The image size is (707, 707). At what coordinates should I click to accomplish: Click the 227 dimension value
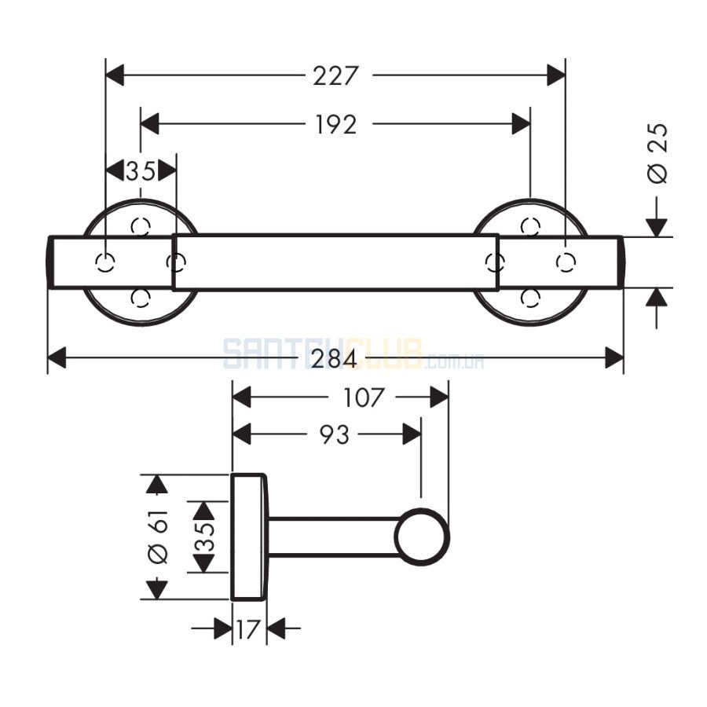click(x=336, y=75)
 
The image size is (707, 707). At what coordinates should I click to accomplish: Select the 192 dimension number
click(x=336, y=124)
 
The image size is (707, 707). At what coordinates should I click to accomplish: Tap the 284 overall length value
click(x=334, y=359)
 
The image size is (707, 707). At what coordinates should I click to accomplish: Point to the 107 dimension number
click(x=363, y=397)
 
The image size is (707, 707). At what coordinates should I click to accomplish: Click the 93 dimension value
click(x=335, y=434)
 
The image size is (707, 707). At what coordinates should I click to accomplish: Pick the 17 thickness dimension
click(x=248, y=629)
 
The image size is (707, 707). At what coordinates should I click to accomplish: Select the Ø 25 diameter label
click(x=658, y=153)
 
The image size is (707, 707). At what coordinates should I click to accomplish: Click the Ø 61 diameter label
click(x=158, y=537)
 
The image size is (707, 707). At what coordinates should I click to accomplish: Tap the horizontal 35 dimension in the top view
click(x=141, y=171)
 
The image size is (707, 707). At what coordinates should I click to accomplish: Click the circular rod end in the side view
click(x=422, y=537)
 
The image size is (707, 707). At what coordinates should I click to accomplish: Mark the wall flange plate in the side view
click(x=249, y=537)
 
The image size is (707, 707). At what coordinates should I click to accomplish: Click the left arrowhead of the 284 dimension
click(x=57, y=357)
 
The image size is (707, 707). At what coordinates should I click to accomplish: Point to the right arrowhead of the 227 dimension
click(x=556, y=75)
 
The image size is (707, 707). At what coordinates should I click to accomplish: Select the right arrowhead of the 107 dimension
click(x=439, y=397)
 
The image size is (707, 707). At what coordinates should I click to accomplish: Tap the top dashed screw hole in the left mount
click(x=141, y=226)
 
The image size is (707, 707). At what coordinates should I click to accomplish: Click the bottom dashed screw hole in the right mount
click(x=530, y=298)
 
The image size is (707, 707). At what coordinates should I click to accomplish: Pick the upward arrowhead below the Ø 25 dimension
click(x=657, y=298)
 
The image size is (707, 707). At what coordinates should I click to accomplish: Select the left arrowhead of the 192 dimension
click(x=150, y=123)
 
